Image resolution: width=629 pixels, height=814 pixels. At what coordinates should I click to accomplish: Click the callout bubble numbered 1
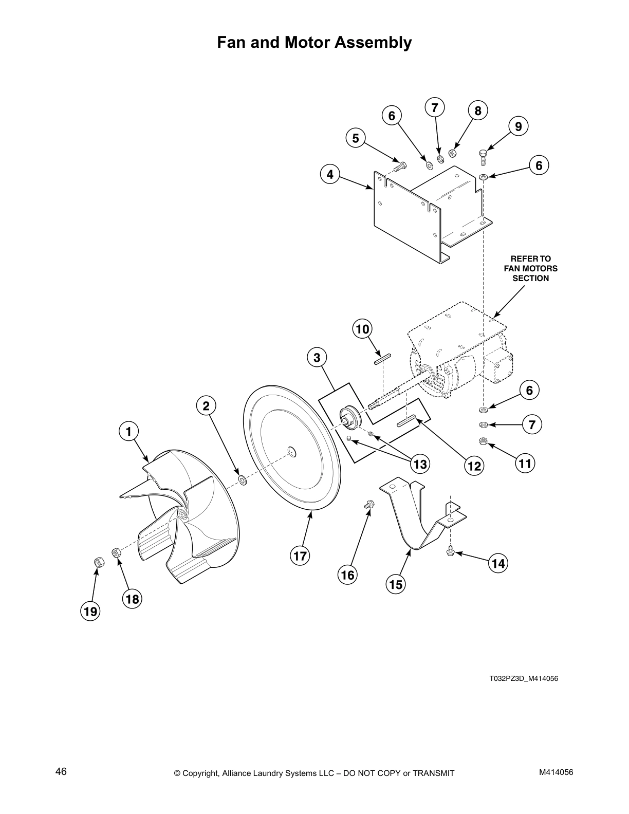pyautogui.click(x=129, y=431)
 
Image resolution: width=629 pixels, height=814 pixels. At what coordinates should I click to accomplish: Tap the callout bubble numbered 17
pyautogui.click(x=300, y=556)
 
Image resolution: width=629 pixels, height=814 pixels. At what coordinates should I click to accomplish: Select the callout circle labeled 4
pyautogui.click(x=330, y=174)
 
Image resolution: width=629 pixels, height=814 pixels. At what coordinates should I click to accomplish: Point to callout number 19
pyautogui.click(x=90, y=612)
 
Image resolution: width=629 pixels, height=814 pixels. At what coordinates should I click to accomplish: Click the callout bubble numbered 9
pyautogui.click(x=519, y=126)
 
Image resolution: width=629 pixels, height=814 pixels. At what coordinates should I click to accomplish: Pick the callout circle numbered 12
pyautogui.click(x=474, y=466)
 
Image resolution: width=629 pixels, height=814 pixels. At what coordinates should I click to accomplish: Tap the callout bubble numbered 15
pyautogui.click(x=396, y=584)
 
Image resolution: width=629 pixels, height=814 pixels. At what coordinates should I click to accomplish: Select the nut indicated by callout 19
pyautogui.click(x=96, y=562)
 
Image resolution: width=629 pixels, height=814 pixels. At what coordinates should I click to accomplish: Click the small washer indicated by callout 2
pyautogui.click(x=242, y=480)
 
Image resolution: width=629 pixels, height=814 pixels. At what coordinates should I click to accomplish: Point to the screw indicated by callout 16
pyautogui.click(x=368, y=505)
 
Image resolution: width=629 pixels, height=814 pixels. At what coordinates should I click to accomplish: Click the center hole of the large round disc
pyautogui.click(x=291, y=451)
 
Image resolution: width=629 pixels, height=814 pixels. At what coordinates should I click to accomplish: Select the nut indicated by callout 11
pyautogui.click(x=483, y=441)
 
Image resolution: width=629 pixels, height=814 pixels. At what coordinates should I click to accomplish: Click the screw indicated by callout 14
pyautogui.click(x=451, y=551)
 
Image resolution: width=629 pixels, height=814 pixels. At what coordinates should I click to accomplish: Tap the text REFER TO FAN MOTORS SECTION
pyautogui.click(x=530, y=268)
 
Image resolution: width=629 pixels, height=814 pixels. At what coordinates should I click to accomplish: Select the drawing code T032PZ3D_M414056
pyautogui.click(x=523, y=678)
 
